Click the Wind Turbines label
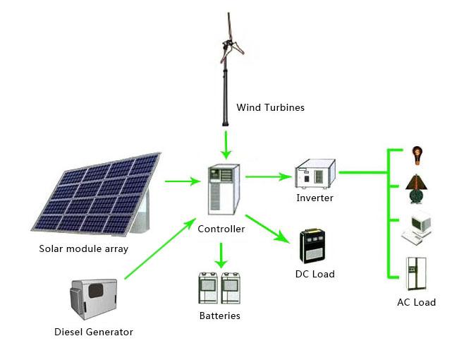point(271,107)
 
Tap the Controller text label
point(221,229)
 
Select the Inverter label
point(315,198)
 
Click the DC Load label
point(315,274)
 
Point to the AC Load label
point(416,302)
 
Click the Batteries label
point(219,316)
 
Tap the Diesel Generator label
point(94,332)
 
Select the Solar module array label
point(84,248)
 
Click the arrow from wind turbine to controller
point(226,145)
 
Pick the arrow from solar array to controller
point(183,181)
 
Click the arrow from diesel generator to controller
point(160,248)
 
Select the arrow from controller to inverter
point(269,176)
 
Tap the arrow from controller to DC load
point(267,229)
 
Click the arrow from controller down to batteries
point(221,256)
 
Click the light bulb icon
point(417,156)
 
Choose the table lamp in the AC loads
point(417,189)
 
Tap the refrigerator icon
point(416,273)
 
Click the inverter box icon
point(315,174)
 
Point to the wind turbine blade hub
point(227,44)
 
